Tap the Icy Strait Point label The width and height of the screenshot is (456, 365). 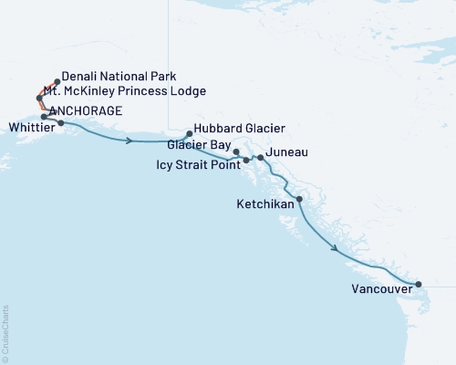coord(198,165)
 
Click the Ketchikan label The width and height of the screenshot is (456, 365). coord(265,204)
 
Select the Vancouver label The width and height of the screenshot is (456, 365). coord(379,291)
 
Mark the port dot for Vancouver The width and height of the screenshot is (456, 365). coord(419,285)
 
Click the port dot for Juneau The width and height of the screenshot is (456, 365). coord(261,158)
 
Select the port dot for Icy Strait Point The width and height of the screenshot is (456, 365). coord(246,161)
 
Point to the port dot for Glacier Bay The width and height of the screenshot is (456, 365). coord(236,151)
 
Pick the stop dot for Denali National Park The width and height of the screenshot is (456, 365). coord(57,81)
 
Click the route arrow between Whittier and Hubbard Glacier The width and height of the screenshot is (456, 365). coord(130,141)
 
